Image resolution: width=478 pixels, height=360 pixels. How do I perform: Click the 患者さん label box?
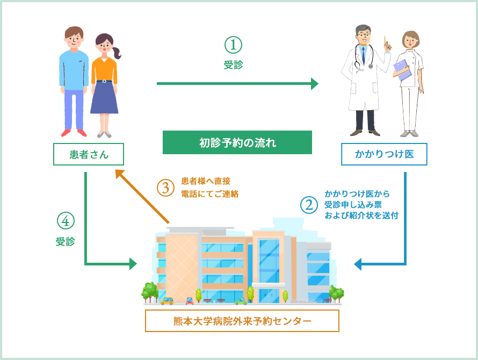pos(89,154)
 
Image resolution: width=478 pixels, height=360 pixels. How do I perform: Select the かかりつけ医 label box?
pos(384,154)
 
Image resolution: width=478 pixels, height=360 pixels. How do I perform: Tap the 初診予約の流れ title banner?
pos(237,142)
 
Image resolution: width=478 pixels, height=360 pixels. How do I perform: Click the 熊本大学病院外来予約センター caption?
pos(242,321)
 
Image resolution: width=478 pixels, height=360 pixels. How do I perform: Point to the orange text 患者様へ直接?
pos(206,181)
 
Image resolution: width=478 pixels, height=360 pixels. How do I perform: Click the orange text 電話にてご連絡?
pos(209,194)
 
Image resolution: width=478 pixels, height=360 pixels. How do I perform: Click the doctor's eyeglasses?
pos(364,35)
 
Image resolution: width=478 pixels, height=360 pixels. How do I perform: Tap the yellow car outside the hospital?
pos(167,301)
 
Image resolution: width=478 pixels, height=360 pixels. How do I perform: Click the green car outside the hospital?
pos(241,301)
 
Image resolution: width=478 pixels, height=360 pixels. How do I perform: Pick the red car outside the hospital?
pos(189,300)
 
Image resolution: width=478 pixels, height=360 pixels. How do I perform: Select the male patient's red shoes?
pos(74,133)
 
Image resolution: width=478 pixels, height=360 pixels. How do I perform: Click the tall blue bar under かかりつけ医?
pos(380,221)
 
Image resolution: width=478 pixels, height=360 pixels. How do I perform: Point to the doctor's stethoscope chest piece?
pos(371,66)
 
